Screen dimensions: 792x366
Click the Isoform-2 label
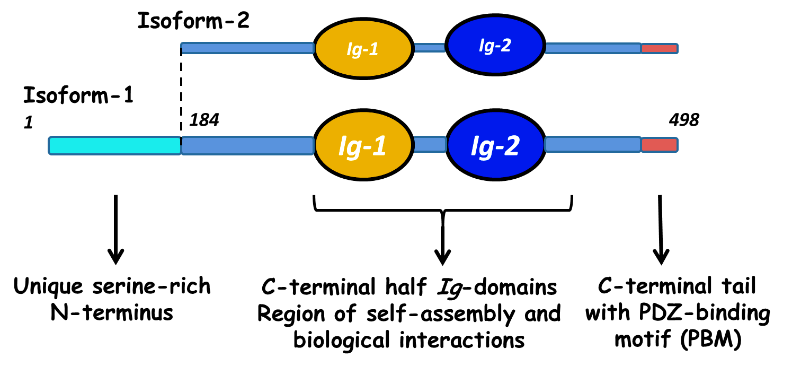[x=193, y=21]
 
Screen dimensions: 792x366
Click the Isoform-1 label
[x=78, y=95]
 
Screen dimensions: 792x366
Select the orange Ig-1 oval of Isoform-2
[x=363, y=48]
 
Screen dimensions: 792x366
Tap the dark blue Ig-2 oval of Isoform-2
[x=495, y=45]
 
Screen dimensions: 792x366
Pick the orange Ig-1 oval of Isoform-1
[x=363, y=145]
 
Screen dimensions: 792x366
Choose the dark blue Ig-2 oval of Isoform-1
[x=495, y=145]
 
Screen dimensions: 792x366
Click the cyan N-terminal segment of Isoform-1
[x=114, y=145]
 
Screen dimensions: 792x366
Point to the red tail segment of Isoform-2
[x=660, y=48]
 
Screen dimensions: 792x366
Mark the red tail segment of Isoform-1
[x=660, y=145]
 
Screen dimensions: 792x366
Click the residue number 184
[x=204, y=120]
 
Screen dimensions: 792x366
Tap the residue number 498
[x=684, y=120]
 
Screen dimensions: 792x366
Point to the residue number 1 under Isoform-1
[x=28, y=123]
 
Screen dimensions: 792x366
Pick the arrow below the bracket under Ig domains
[x=443, y=244]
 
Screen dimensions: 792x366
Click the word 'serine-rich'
[x=152, y=286]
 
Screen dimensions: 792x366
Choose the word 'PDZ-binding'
[x=705, y=313]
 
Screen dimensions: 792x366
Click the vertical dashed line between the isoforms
[x=181, y=93]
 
